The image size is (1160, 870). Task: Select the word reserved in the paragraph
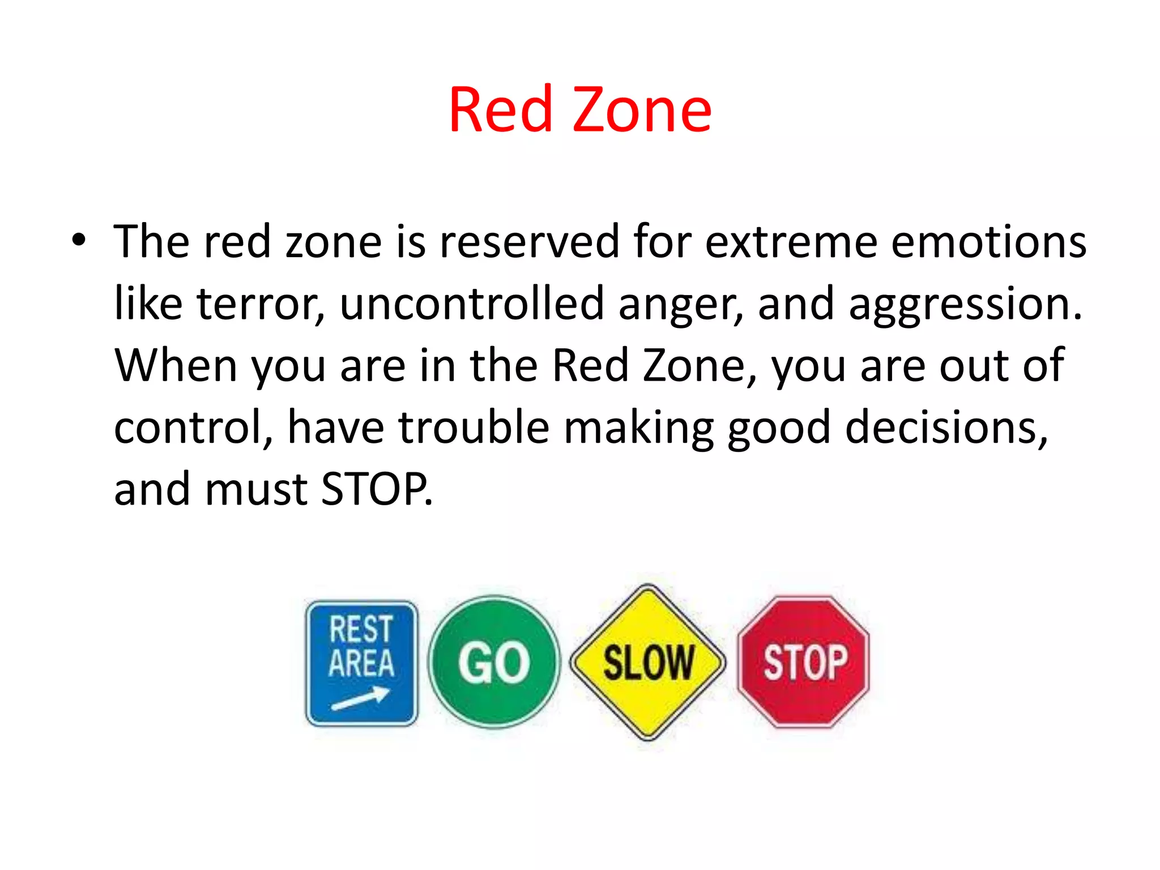(529, 242)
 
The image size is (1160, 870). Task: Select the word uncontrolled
(472, 304)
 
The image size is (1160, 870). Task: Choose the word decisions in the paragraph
(946, 428)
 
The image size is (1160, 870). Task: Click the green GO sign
(494, 662)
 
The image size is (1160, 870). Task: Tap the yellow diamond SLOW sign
(648, 662)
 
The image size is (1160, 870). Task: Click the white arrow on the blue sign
(360, 698)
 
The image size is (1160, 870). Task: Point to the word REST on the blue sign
(361, 629)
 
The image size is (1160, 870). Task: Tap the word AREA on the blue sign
(361, 663)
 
